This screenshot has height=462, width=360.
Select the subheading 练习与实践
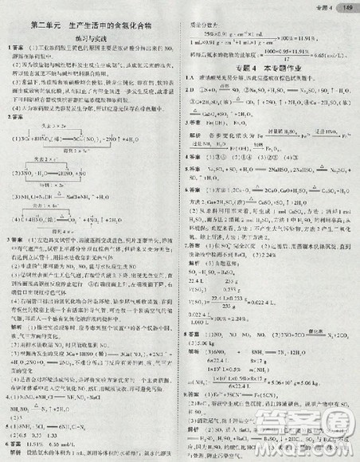coord(88,38)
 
